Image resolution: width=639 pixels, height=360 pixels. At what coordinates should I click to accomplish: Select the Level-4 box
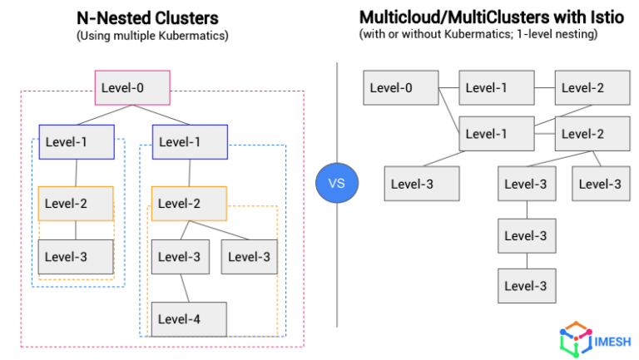[188, 318]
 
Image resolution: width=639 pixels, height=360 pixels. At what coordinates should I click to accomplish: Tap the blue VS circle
[336, 182]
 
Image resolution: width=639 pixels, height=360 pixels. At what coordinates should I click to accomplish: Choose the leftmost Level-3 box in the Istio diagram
[421, 184]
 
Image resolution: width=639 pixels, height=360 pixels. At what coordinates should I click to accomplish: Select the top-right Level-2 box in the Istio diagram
[592, 87]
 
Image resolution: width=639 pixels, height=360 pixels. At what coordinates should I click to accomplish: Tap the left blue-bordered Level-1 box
[76, 141]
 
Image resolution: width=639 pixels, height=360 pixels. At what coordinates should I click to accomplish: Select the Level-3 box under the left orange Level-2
[76, 257]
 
